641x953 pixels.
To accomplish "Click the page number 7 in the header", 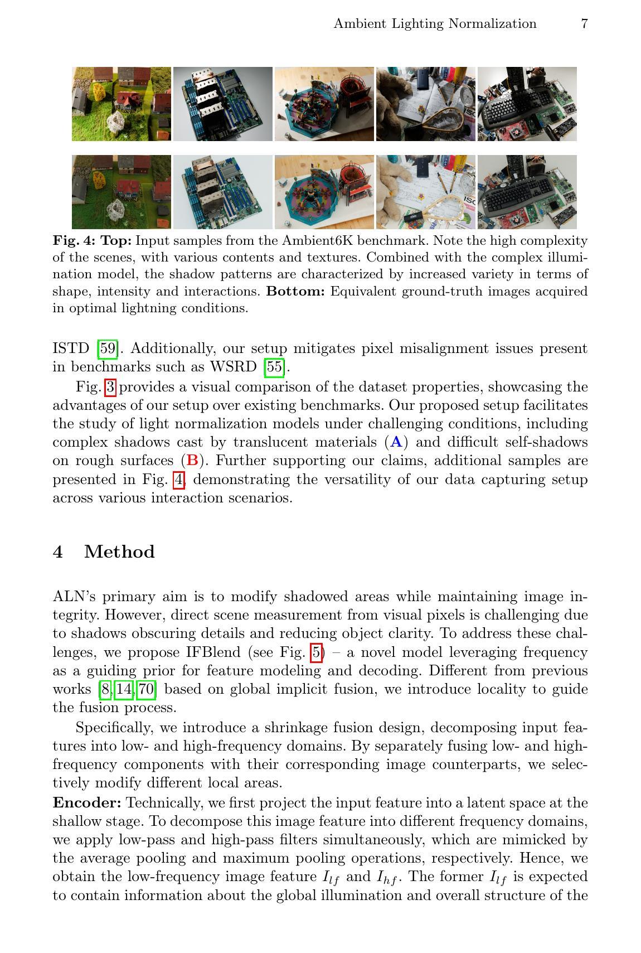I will (584, 23).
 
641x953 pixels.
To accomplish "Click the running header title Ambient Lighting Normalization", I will (435, 23).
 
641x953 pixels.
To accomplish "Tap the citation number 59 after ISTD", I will (108, 349).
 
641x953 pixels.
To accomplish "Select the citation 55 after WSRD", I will (274, 367).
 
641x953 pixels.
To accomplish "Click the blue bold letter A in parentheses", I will (396, 442).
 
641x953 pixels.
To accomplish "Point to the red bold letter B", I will (193, 461).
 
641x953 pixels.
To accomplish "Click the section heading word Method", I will (119, 552).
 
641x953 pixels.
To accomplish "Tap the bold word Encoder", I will (87, 803).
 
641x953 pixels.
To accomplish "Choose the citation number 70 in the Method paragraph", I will (146, 689).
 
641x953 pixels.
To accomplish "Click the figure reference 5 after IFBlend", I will (317, 652).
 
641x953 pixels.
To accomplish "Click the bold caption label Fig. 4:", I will (74, 241).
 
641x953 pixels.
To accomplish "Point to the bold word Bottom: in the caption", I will (295, 292).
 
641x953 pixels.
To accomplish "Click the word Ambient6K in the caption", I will (318, 241).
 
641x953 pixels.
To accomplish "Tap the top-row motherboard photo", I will (223, 104).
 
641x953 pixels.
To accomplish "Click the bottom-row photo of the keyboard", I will (527, 192).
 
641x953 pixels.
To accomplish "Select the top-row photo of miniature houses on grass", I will (122, 104).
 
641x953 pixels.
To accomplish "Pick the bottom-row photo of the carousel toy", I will (324, 192).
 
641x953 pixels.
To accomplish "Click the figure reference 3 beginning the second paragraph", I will (110, 387).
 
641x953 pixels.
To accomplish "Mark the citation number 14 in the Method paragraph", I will (124, 689).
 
